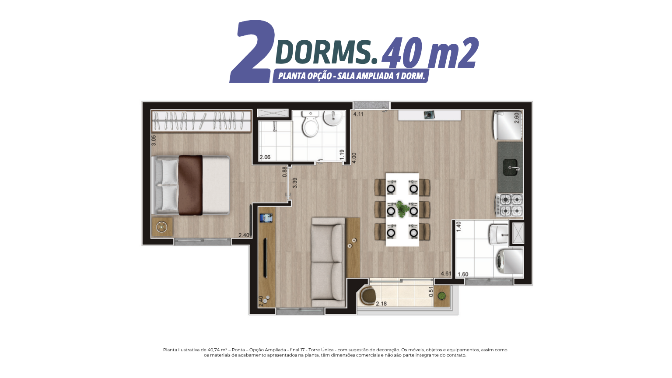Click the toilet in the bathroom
point(310,124)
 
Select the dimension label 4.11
point(358,114)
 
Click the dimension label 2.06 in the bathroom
point(265,157)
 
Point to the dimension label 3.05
point(154,140)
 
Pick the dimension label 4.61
point(446,273)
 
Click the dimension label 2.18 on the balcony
point(381,304)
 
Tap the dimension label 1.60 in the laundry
point(463,274)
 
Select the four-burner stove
point(509,205)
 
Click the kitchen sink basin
point(510,168)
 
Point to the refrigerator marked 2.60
point(508,126)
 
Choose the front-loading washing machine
point(509,262)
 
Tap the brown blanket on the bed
point(190,185)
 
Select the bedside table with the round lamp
point(162,227)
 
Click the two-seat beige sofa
point(328,262)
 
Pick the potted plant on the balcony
point(441,296)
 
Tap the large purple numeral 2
point(252,52)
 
